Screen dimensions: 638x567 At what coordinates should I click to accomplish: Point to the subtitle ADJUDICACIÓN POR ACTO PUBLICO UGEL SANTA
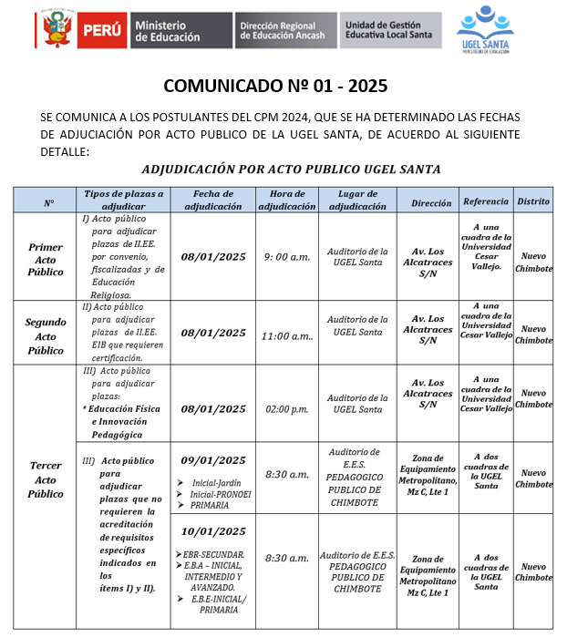click(x=278, y=169)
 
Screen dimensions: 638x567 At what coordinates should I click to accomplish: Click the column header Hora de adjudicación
click(x=286, y=200)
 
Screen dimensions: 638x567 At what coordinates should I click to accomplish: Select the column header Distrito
click(x=532, y=200)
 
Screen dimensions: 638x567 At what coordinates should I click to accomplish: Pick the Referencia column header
click(x=485, y=200)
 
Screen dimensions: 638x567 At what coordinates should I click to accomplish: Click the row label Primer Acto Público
click(x=46, y=259)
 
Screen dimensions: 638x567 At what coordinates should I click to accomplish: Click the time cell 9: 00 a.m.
click(x=286, y=257)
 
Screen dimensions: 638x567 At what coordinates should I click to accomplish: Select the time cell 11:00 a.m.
click(x=286, y=334)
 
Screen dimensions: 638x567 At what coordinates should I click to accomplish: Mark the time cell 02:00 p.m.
click(x=286, y=410)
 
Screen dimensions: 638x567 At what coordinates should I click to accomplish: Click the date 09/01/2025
click(x=213, y=460)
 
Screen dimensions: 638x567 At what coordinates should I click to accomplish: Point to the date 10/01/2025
click(x=213, y=531)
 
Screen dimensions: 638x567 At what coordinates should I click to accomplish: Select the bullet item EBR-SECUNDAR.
click(x=212, y=554)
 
